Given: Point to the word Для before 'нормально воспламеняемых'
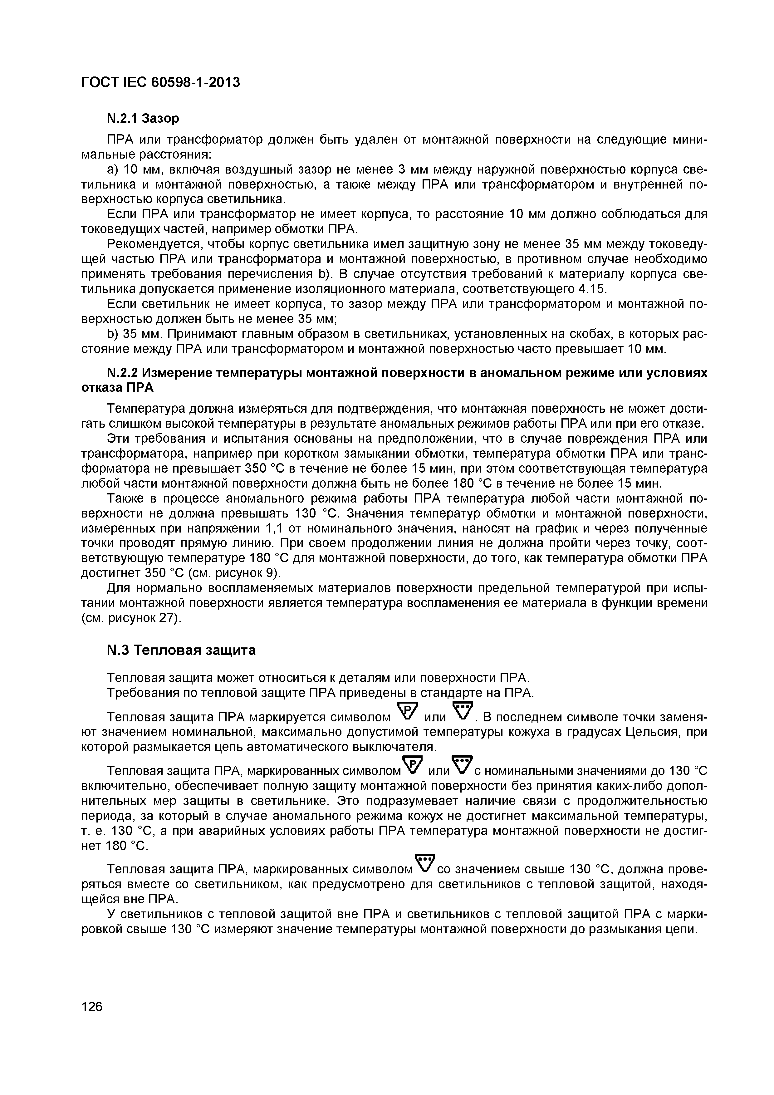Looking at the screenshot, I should click(119, 588).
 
